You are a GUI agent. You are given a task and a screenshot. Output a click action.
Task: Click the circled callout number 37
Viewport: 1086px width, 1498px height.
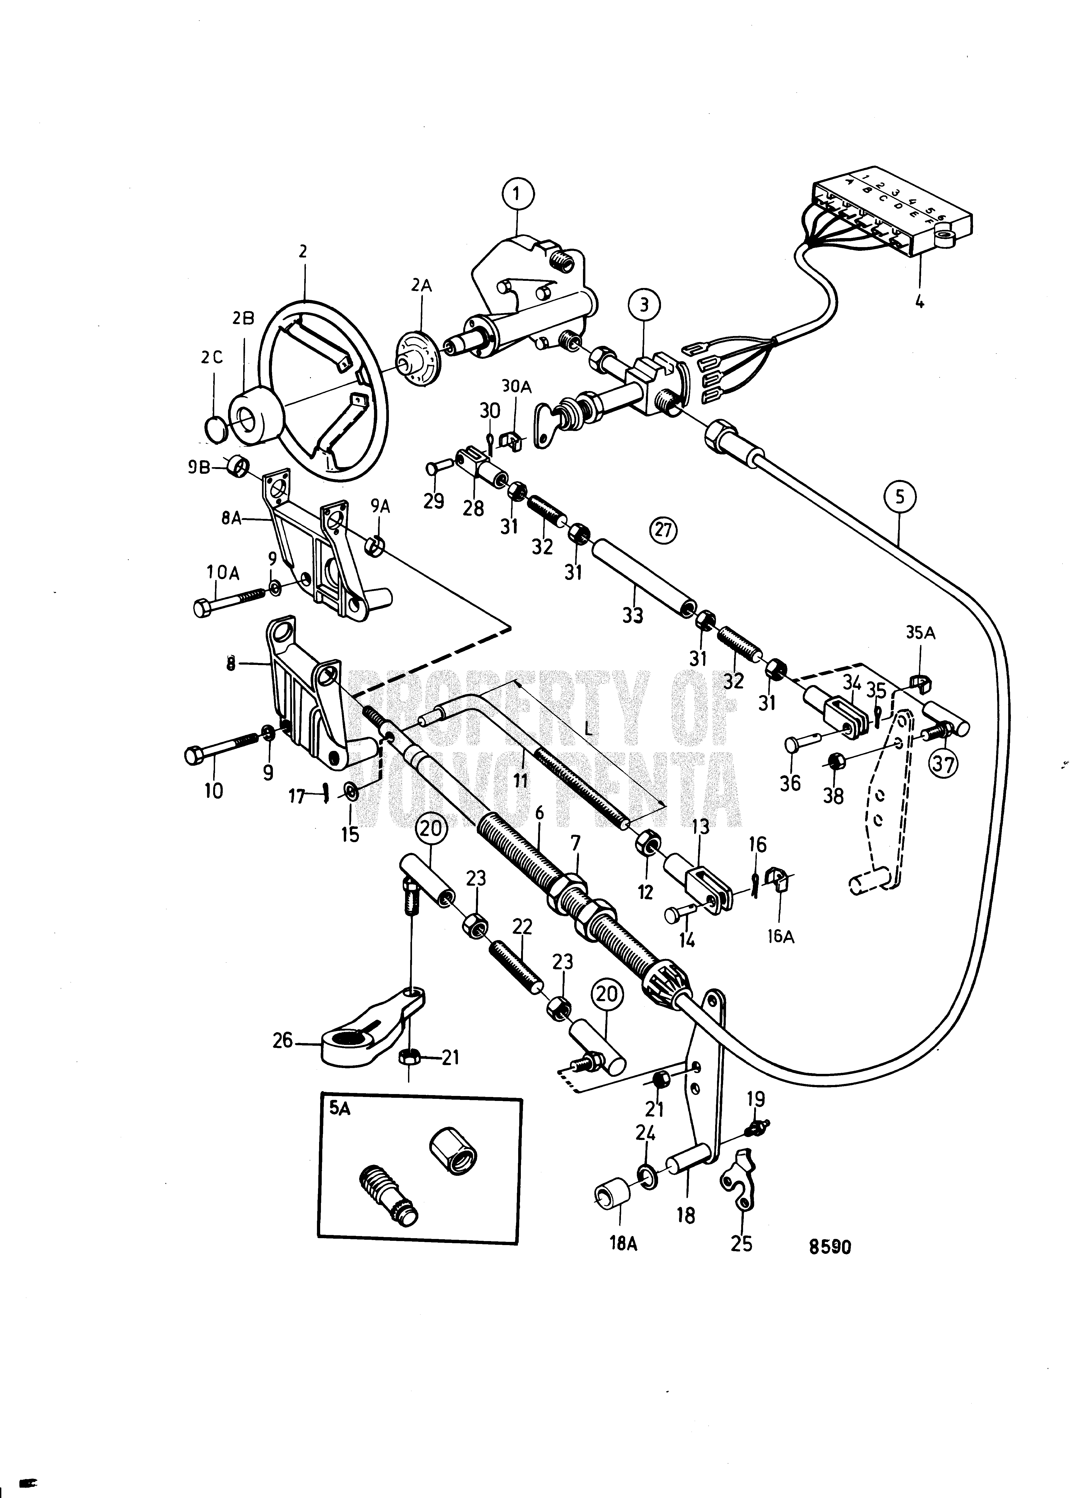944,765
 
